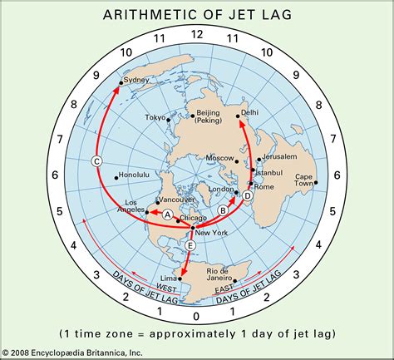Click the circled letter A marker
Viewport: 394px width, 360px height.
tap(167, 215)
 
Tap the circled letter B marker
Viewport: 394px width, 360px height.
tap(223, 210)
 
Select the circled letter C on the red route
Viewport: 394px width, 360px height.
tap(96, 161)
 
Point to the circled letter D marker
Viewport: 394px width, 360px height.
tap(247, 196)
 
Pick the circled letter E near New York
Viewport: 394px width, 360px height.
tap(191, 245)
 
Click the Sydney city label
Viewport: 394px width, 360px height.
tap(135, 81)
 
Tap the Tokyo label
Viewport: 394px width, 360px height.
tap(155, 118)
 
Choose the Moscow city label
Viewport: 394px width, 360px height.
tap(219, 158)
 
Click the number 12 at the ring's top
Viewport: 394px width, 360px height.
tap(196, 34)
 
